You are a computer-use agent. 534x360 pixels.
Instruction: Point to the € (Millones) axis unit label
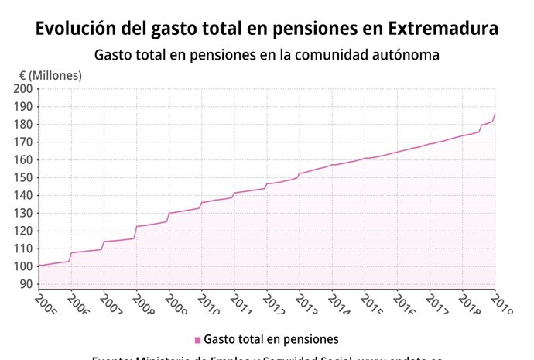pos(50,75)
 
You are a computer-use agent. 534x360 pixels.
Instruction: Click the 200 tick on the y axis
pos(23,89)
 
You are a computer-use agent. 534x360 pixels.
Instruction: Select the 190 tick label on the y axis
pos(23,107)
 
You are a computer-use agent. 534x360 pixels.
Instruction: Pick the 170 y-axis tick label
pos(23,142)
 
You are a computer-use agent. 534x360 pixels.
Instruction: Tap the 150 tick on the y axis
pos(23,178)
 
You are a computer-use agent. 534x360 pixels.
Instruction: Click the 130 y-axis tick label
pos(23,214)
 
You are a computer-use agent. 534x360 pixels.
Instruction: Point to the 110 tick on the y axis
pos(23,249)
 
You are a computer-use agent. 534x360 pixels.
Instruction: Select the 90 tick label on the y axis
pos(26,284)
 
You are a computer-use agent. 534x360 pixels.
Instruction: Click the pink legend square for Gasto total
pos(197,340)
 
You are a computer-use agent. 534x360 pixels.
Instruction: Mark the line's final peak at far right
pos(495,114)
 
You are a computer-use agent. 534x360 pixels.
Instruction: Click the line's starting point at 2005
pos(39,266)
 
